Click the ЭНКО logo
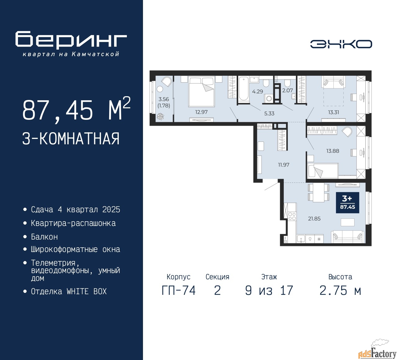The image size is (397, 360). click(341, 44)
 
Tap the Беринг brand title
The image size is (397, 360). click(71, 40)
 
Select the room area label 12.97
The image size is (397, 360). click(201, 112)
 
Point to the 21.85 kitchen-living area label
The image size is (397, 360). click(314, 218)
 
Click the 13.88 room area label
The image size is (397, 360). click(332, 151)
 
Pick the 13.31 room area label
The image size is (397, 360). click(333, 112)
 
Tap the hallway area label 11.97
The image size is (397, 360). click(283, 165)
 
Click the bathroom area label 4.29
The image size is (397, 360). click(257, 92)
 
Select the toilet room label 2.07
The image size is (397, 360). click(287, 90)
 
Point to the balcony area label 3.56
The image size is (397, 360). click(164, 99)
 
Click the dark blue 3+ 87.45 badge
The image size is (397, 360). click(347, 203)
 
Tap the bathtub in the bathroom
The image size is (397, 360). click(243, 89)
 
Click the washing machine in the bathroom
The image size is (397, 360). click(269, 99)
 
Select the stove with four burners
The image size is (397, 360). click(292, 216)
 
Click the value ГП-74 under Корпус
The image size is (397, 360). click(179, 290)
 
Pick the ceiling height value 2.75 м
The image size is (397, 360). click(340, 290)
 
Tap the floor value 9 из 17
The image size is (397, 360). click(269, 290)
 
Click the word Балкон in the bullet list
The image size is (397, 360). click(44, 237)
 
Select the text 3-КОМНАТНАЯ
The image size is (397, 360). click(71, 139)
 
